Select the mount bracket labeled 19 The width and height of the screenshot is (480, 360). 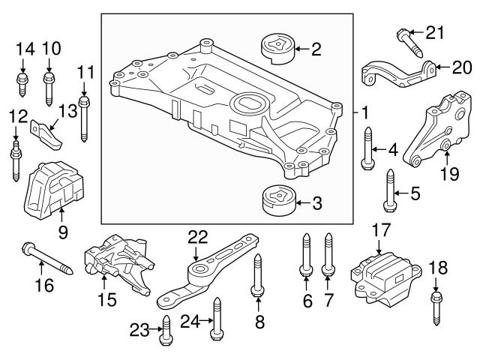click(439, 132)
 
